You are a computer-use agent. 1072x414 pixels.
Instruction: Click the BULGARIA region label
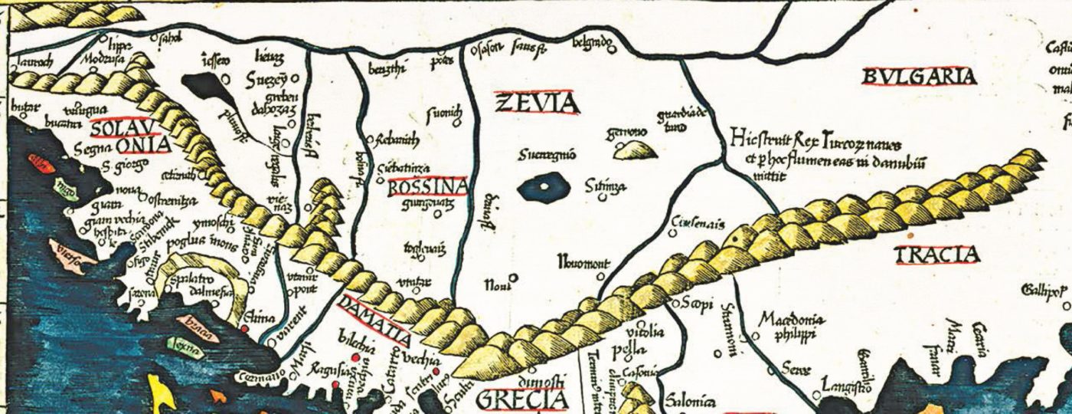(920, 77)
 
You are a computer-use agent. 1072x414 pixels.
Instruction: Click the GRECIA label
(523, 400)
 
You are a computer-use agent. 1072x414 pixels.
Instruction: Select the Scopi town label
(696, 301)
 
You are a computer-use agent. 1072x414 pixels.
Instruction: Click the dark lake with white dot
(544, 187)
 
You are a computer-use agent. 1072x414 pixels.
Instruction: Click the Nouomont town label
(583, 264)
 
